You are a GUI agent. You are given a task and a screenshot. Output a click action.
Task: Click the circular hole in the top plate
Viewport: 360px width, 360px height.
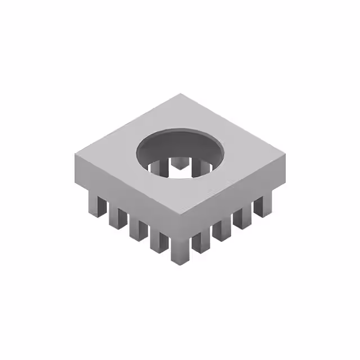coord(180,151)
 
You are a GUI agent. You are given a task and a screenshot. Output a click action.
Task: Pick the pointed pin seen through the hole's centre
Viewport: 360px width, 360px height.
coord(180,164)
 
